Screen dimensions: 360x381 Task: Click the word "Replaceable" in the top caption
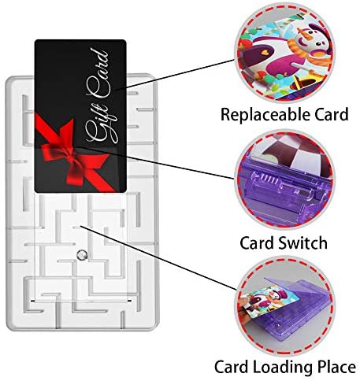(265, 115)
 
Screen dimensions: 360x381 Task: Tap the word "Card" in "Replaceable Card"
(332, 114)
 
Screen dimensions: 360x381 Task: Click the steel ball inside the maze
(81, 254)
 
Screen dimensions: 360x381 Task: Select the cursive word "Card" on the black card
(98, 74)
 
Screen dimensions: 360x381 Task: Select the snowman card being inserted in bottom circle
(270, 302)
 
